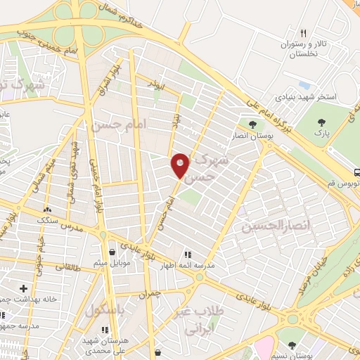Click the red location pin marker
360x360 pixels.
pos(181,165)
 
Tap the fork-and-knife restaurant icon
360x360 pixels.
pos(303,33)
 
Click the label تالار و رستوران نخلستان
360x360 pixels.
pos(303,49)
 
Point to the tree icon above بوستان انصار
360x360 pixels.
pos(252,125)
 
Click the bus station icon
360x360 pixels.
pos(357,172)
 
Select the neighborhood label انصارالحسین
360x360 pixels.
pos(266,226)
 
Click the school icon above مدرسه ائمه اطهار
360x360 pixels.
pos(187,255)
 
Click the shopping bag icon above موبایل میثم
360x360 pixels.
pos(111,252)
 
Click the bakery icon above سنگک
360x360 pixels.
pos(47,210)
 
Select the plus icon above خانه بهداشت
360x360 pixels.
pos(24,288)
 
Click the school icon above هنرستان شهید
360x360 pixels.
pos(105,328)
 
